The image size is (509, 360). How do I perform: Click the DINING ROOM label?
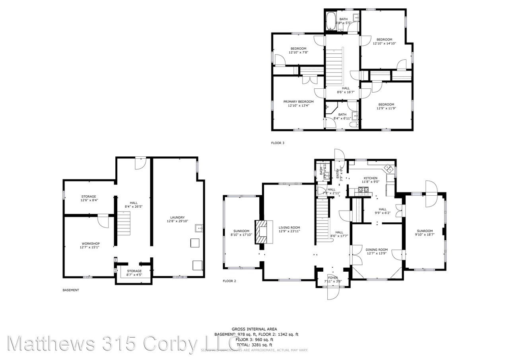tap(377, 250)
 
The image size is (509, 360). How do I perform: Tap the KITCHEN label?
tap(371, 178)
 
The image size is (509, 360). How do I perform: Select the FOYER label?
tap(333, 278)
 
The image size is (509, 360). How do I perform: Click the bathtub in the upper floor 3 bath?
tap(331, 22)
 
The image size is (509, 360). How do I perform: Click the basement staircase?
tap(124, 223)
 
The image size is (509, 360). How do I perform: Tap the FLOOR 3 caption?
tap(278, 143)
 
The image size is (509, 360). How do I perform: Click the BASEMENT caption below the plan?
tap(71, 290)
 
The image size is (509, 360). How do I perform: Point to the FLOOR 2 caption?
tap(229, 281)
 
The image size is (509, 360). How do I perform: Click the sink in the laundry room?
tap(199, 228)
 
